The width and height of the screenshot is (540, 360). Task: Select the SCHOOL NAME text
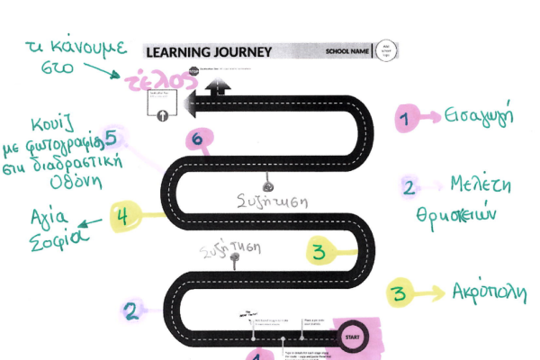pos(346,52)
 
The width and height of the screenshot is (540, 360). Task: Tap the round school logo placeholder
pos(385,50)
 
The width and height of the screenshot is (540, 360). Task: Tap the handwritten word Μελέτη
pos(481,186)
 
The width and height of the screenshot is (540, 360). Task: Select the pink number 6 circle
pos(200,139)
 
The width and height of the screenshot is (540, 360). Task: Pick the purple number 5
pos(111,138)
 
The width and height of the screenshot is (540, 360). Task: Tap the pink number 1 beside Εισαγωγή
pos(407,117)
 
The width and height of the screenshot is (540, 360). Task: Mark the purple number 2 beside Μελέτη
pos(409,188)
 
